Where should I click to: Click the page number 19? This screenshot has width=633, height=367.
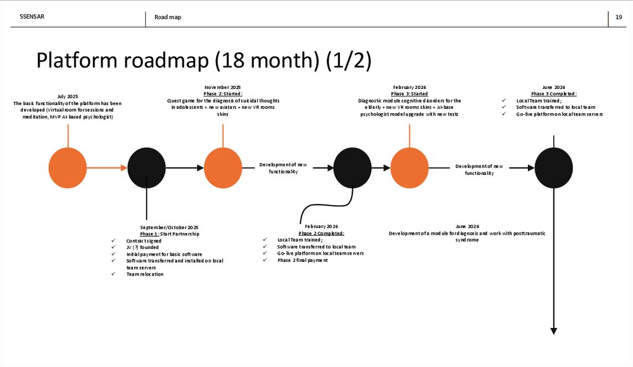[618, 17]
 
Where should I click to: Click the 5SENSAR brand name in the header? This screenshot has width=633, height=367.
[32, 17]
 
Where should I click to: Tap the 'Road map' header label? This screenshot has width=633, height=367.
[168, 17]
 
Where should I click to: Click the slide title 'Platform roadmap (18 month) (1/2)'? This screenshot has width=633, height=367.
[203, 61]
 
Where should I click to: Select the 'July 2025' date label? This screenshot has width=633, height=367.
[68, 96]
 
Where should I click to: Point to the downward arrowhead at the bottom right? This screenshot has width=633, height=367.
[553, 331]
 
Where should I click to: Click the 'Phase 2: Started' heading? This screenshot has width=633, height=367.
[223, 94]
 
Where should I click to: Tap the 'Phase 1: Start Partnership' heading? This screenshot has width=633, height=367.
[169, 234]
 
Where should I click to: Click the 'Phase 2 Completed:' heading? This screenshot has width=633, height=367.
[321, 233]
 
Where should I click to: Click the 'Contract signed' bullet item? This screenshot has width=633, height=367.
[143, 240]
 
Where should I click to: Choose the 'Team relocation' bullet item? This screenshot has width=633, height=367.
[145, 274]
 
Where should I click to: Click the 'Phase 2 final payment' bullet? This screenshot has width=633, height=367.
[302, 260]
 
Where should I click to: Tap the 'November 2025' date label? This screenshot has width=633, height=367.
[223, 88]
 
